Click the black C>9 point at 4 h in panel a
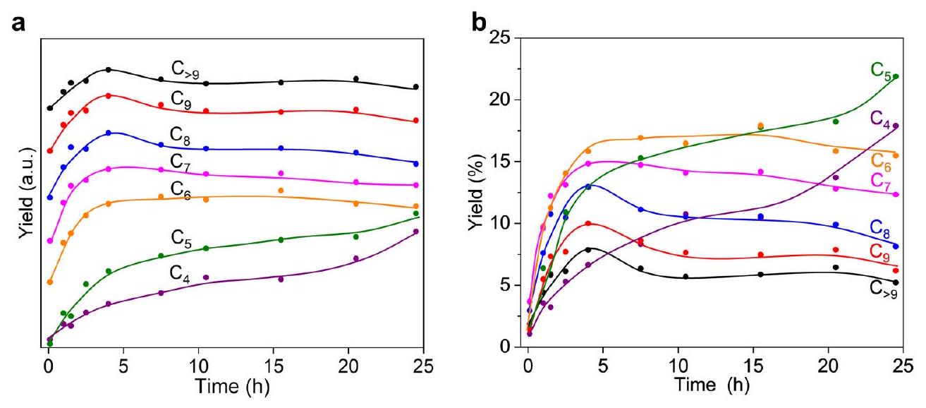(108, 70)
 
